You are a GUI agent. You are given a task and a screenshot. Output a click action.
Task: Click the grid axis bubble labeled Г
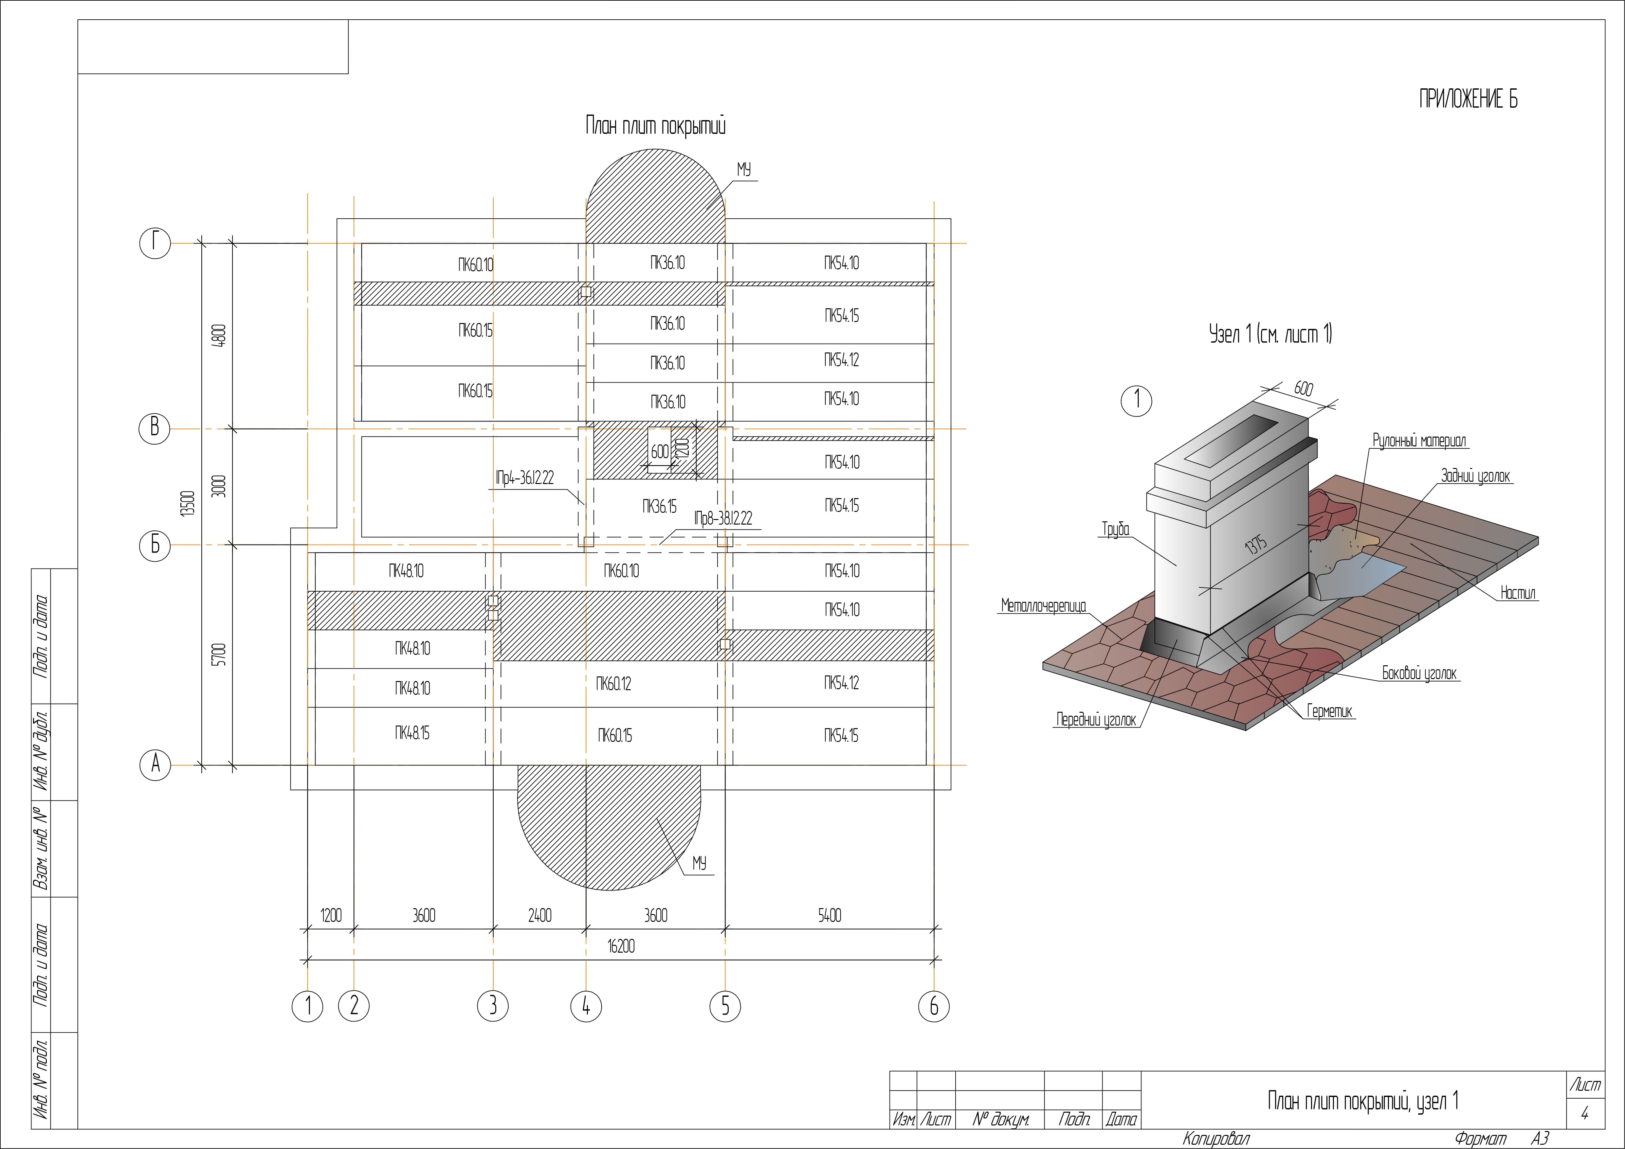pos(155,243)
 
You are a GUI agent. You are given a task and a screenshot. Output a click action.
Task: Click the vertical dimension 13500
pos(188,504)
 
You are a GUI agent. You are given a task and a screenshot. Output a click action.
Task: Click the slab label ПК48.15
pos(412,733)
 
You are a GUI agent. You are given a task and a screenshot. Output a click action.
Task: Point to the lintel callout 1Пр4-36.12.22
pos(524,478)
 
